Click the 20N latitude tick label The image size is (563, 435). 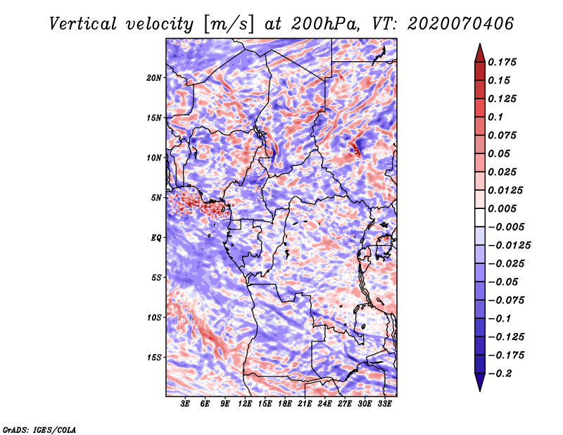click(154, 77)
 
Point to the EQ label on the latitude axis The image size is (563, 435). click(156, 237)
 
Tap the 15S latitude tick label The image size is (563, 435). click(154, 357)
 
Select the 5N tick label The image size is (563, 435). click(156, 197)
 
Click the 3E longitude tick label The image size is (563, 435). click(186, 404)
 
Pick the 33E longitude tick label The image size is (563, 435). click(384, 404)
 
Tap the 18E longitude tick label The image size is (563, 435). click(285, 404)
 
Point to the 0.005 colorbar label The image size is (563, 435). click(504, 208)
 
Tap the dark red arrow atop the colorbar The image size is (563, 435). click(479, 52)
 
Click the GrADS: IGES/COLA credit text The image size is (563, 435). click(39, 429)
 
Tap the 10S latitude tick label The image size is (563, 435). click(154, 317)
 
